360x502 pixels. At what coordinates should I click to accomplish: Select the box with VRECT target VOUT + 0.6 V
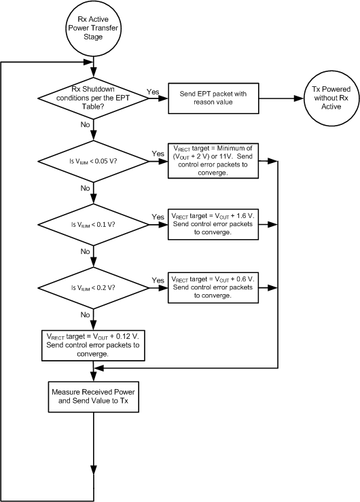point(213,287)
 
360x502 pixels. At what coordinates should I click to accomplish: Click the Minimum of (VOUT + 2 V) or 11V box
point(213,161)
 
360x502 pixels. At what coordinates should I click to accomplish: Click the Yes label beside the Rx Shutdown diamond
point(153,90)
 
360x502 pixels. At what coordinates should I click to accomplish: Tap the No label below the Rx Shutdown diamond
point(85,124)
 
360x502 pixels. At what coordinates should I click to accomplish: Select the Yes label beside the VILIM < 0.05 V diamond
point(158,154)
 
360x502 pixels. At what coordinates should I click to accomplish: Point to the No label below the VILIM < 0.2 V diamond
point(85,315)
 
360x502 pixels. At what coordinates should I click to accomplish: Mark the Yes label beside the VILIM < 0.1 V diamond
point(158,217)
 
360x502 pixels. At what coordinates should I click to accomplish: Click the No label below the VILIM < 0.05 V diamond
point(85,187)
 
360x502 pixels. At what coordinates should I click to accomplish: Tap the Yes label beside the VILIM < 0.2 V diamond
point(158,279)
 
